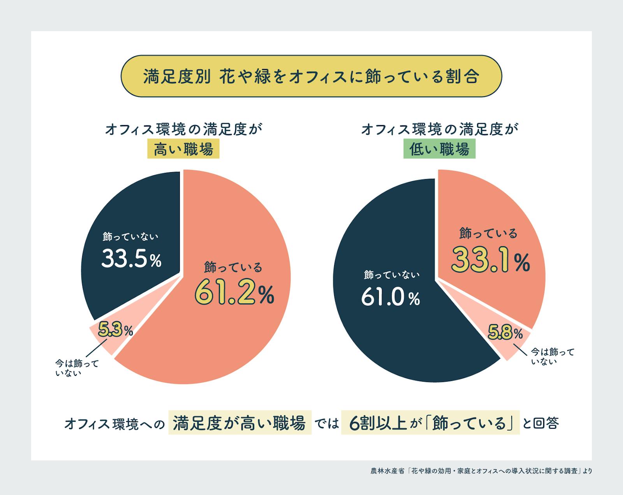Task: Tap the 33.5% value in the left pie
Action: point(131,258)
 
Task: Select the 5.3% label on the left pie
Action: point(115,330)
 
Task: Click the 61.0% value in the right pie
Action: point(391,298)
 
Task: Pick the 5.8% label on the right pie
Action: point(505,333)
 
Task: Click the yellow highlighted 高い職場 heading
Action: point(183,150)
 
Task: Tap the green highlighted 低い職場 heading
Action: point(439,150)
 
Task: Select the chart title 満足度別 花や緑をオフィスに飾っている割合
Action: point(311,76)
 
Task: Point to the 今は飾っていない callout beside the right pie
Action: point(552,356)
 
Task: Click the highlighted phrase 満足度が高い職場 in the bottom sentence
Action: point(239,423)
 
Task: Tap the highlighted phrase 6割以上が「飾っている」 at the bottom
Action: point(430,423)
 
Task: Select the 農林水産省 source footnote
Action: point(481,471)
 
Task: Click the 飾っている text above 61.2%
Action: point(233,267)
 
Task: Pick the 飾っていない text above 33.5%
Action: point(131,236)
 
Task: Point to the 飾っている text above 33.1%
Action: point(488,233)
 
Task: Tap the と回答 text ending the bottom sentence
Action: point(542,423)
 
